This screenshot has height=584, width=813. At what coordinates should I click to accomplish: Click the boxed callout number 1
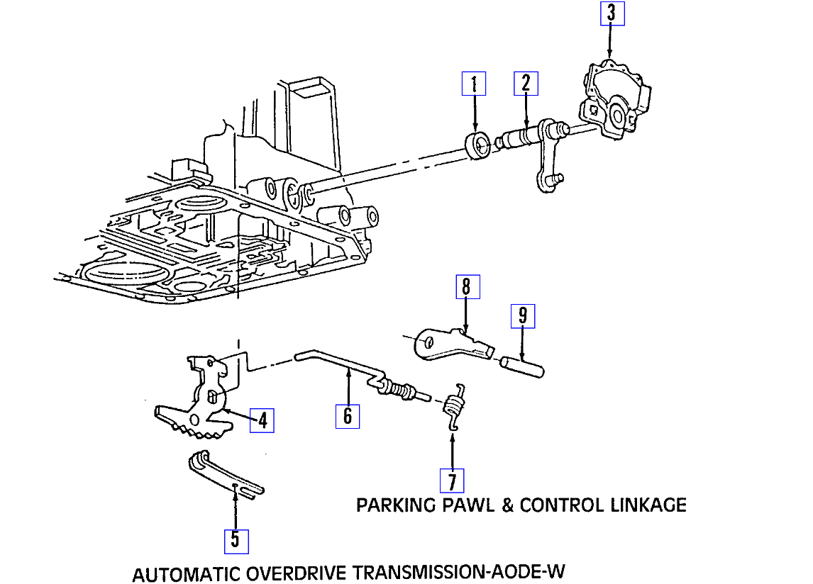click(x=474, y=84)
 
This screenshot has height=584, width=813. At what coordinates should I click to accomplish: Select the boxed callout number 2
click(x=526, y=84)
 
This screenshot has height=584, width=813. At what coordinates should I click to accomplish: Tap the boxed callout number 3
click(x=612, y=14)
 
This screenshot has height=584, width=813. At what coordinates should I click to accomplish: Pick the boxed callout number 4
click(x=262, y=420)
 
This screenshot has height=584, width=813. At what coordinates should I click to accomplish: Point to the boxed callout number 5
click(x=236, y=541)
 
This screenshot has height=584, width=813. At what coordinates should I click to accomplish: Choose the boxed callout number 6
click(x=348, y=415)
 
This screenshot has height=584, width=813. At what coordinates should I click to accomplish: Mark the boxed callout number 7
click(x=451, y=481)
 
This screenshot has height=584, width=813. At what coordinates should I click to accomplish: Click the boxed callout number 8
click(x=466, y=287)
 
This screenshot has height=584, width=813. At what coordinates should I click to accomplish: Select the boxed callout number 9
click(x=523, y=316)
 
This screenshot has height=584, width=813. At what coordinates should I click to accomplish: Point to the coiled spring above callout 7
click(x=453, y=407)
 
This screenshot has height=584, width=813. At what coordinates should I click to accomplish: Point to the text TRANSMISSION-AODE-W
click(x=459, y=572)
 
